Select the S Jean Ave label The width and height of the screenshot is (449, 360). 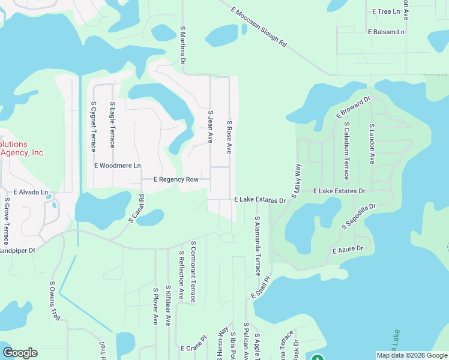tap(210, 126)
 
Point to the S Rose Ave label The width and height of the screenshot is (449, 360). tap(229, 139)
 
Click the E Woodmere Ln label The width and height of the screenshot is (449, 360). tap(117, 166)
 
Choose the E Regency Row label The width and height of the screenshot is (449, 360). tap(176, 179)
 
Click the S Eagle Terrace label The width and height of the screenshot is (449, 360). tap(112, 124)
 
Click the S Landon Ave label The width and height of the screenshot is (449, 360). tap(372, 144)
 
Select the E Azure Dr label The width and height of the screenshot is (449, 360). tap(348, 248)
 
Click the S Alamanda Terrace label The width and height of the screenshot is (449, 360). tap(257, 246)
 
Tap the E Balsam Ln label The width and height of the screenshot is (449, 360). tap(387, 31)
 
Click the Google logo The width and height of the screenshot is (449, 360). tap(20, 353)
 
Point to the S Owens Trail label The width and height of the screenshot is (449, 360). tap(55, 301)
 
